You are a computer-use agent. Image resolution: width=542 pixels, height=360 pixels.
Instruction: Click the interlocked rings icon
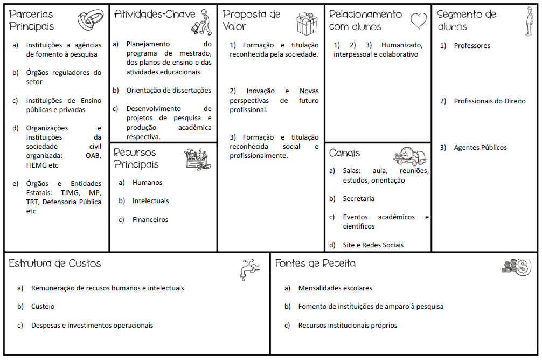click(91, 20)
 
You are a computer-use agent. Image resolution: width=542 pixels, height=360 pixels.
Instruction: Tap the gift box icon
click(307, 23)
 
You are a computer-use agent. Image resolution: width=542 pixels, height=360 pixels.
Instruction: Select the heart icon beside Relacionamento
click(419, 20)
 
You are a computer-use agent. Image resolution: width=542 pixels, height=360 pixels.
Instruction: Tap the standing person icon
click(529, 22)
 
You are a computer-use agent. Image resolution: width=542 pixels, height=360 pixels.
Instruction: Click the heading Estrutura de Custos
click(54, 264)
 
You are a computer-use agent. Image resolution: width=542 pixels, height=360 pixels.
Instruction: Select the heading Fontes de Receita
click(315, 264)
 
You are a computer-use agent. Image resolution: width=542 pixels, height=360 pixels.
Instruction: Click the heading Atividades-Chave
click(155, 15)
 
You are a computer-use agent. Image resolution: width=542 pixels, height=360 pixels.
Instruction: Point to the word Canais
click(344, 153)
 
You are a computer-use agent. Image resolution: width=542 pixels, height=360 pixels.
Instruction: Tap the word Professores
click(472, 46)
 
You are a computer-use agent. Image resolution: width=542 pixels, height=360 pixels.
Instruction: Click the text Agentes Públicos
click(480, 148)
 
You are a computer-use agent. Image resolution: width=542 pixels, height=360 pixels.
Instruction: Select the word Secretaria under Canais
click(358, 199)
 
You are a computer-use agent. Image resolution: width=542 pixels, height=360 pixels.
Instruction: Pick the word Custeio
click(43, 307)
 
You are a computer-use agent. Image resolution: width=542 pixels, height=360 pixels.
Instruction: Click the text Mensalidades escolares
click(335, 288)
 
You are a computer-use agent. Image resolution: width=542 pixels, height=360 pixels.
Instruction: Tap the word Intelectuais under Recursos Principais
click(150, 201)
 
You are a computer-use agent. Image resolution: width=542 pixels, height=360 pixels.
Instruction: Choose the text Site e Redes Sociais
click(373, 245)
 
